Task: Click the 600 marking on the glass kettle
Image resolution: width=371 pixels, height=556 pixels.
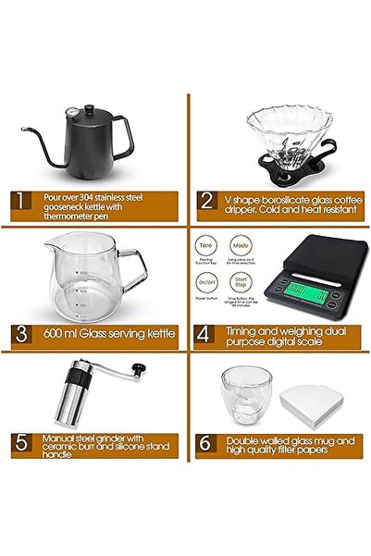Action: pyautogui.click(x=81, y=272)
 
